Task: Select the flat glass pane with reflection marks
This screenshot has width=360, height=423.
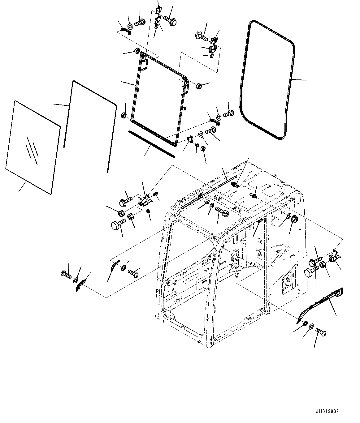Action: pos(33,147)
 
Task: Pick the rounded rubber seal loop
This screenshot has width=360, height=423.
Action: pos(267,80)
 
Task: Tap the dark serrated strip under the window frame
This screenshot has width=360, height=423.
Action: pos(151,144)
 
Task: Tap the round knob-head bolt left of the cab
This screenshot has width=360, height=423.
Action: pos(119,224)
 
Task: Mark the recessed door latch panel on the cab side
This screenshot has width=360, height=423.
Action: pos(289,283)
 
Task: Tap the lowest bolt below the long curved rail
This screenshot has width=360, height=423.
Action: pos(321,332)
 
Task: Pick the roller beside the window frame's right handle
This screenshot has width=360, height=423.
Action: pos(199,86)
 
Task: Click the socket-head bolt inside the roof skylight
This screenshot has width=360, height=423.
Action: pos(222,211)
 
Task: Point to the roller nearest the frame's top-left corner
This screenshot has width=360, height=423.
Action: pos(137,50)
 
